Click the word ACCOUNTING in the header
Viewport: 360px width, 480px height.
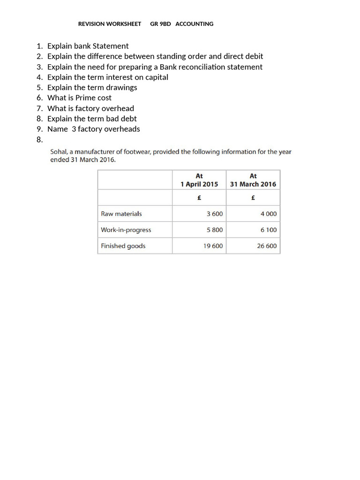point(194,24)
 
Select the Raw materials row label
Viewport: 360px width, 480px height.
point(121,214)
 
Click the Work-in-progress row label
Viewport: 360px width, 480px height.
point(126,230)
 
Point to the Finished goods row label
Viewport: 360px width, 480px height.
point(123,246)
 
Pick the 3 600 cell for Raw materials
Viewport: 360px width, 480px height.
point(215,214)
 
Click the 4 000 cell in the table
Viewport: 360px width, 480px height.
point(269,214)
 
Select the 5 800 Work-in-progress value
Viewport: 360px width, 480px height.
point(215,230)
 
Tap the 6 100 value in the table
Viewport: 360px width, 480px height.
point(269,230)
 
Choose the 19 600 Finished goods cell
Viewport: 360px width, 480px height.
point(213,246)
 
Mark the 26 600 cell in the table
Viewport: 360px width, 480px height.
point(267,246)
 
